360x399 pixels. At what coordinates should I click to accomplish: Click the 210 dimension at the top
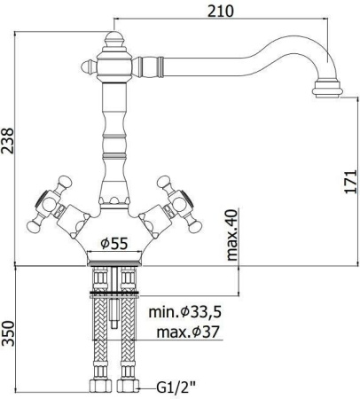(x=221, y=12)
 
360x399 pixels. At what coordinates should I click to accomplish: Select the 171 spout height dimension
(x=350, y=181)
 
